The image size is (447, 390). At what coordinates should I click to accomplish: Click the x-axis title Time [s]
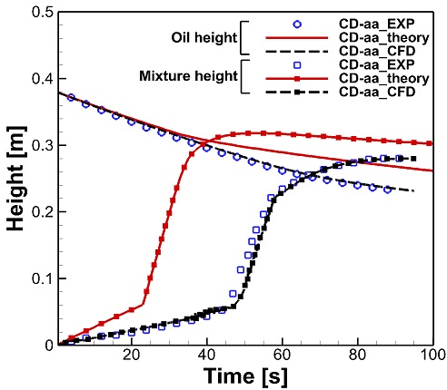pyautogui.click(x=245, y=376)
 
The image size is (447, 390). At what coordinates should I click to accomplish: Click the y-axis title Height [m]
pyautogui.click(x=16, y=179)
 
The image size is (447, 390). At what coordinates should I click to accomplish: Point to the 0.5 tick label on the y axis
pyautogui.click(x=42, y=12)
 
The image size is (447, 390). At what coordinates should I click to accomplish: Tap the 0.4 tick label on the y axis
pyautogui.click(x=42, y=79)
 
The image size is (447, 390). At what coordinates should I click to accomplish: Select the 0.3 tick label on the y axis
pyautogui.click(x=42, y=145)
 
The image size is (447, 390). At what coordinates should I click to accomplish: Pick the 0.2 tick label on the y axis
pyautogui.click(x=42, y=211)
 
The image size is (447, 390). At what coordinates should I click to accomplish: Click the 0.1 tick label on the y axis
pyautogui.click(x=42, y=278)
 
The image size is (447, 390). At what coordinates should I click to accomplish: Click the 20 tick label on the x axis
pyautogui.click(x=132, y=356)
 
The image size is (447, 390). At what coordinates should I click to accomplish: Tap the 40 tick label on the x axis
pyautogui.click(x=207, y=356)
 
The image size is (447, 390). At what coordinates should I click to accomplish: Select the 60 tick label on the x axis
pyautogui.click(x=283, y=356)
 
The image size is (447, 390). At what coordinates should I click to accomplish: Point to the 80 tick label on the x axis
pyautogui.click(x=358, y=356)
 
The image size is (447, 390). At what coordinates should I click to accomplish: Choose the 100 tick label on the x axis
pyautogui.click(x=432, y=356)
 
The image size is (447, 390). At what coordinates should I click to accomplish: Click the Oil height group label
pyautogui.click(x=204, y=38)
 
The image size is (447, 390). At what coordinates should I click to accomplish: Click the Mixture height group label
pyautogui.click(x=188, y=76)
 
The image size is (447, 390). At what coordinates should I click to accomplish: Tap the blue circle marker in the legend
pyautogui.click(x=297, y=24)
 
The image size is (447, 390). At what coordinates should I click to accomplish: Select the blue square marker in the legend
pyautogui.click(x=297, y=65)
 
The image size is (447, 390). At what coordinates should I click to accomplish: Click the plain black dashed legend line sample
pyautogui.click(x=297, y=52)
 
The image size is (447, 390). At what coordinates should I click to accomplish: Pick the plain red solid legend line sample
pyautogui.click(x=297, y=38)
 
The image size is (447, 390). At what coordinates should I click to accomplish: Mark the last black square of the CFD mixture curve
pyautogui.click(x=413, y=159)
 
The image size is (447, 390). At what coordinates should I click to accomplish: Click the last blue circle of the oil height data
pyautogui.click(x=387, y=190)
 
